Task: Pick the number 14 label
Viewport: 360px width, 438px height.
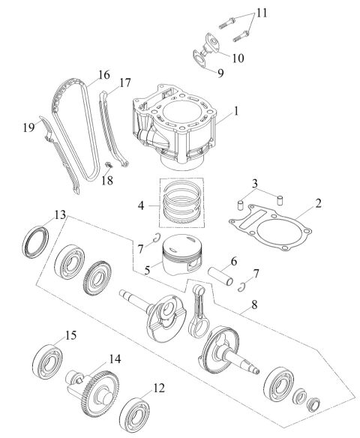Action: pos(115,359)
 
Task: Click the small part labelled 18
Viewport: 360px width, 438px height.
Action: pos(112,164)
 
